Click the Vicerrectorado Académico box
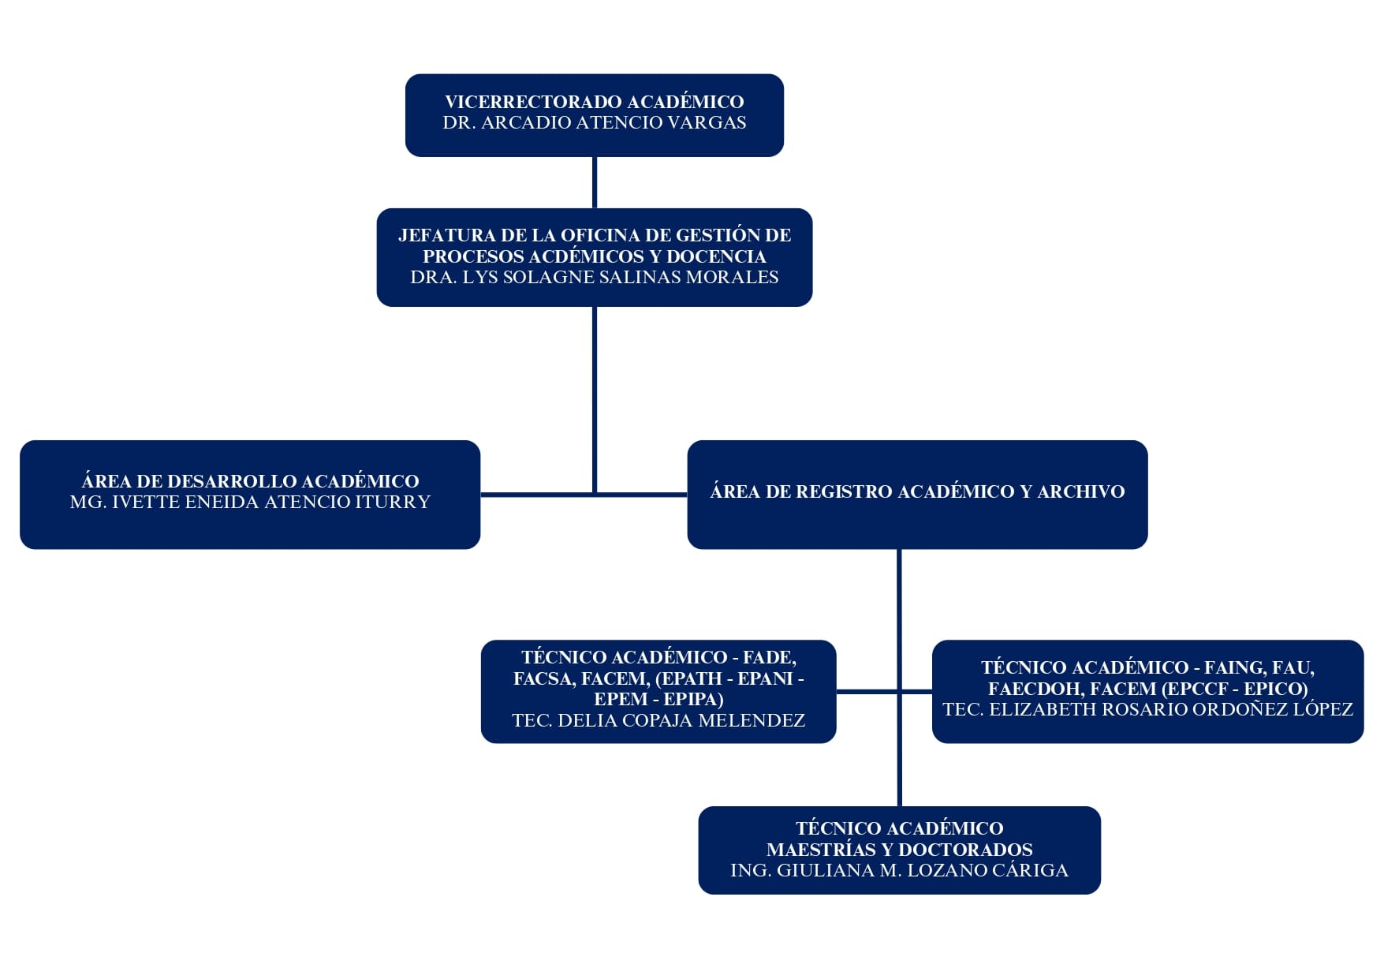point(594,115)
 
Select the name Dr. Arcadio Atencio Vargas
point(594,122)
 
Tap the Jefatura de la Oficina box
point(594,257)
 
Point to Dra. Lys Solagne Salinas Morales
point(594,277)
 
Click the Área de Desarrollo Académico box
point(250,495)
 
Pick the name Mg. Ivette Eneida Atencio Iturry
point(250,502)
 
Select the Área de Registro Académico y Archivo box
point(917,495)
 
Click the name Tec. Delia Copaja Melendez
point(658,720)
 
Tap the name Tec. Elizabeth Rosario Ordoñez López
point(1147,709)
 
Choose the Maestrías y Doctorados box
point(899,850)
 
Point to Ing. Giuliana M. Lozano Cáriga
point(899,870)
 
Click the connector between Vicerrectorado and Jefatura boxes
point(595,182)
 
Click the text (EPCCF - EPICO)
point(1235,689)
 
